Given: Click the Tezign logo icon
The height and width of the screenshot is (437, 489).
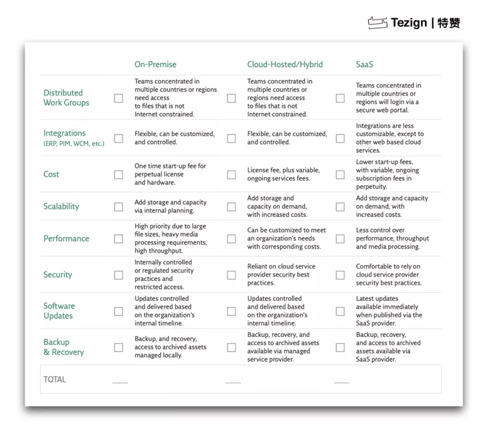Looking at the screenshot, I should tap(377, 22).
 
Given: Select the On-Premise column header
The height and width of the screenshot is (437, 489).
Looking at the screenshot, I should tap(155, 64).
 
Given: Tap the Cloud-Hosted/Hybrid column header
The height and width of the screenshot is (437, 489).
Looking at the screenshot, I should tap(285, 64).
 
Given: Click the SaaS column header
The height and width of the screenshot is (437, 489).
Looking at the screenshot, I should tap(364, 64).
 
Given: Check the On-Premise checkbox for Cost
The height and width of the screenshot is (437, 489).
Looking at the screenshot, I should tap(118, 175).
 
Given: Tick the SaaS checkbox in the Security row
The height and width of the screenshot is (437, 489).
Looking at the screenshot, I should tap(340, 275).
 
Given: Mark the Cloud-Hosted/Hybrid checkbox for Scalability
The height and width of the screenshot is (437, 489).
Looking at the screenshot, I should tap(232, 207).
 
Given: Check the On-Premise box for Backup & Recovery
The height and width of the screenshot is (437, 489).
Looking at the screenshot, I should tap(118, 348).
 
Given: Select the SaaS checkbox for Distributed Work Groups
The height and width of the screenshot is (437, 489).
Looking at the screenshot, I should tap(340, 98).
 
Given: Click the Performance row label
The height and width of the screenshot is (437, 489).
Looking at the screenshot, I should tap(66, 239).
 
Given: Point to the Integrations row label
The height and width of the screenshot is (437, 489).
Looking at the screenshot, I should tap(64, 133).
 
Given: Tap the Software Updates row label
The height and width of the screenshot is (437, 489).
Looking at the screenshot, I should tap(59, 311).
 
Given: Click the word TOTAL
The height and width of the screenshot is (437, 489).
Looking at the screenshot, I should tap(55, 380).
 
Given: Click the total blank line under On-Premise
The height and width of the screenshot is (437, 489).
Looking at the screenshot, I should tap(120, 382).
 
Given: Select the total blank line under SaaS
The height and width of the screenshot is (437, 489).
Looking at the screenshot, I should tap(341, 382).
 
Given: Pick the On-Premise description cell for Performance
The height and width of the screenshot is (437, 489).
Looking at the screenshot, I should tap(170, 239).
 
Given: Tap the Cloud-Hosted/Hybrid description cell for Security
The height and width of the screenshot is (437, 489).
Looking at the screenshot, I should tap(281, 275).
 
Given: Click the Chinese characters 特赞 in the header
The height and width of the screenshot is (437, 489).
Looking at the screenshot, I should tap(448, 23).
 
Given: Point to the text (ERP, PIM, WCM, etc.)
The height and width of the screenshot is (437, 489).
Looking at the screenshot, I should tap(74, 144).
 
